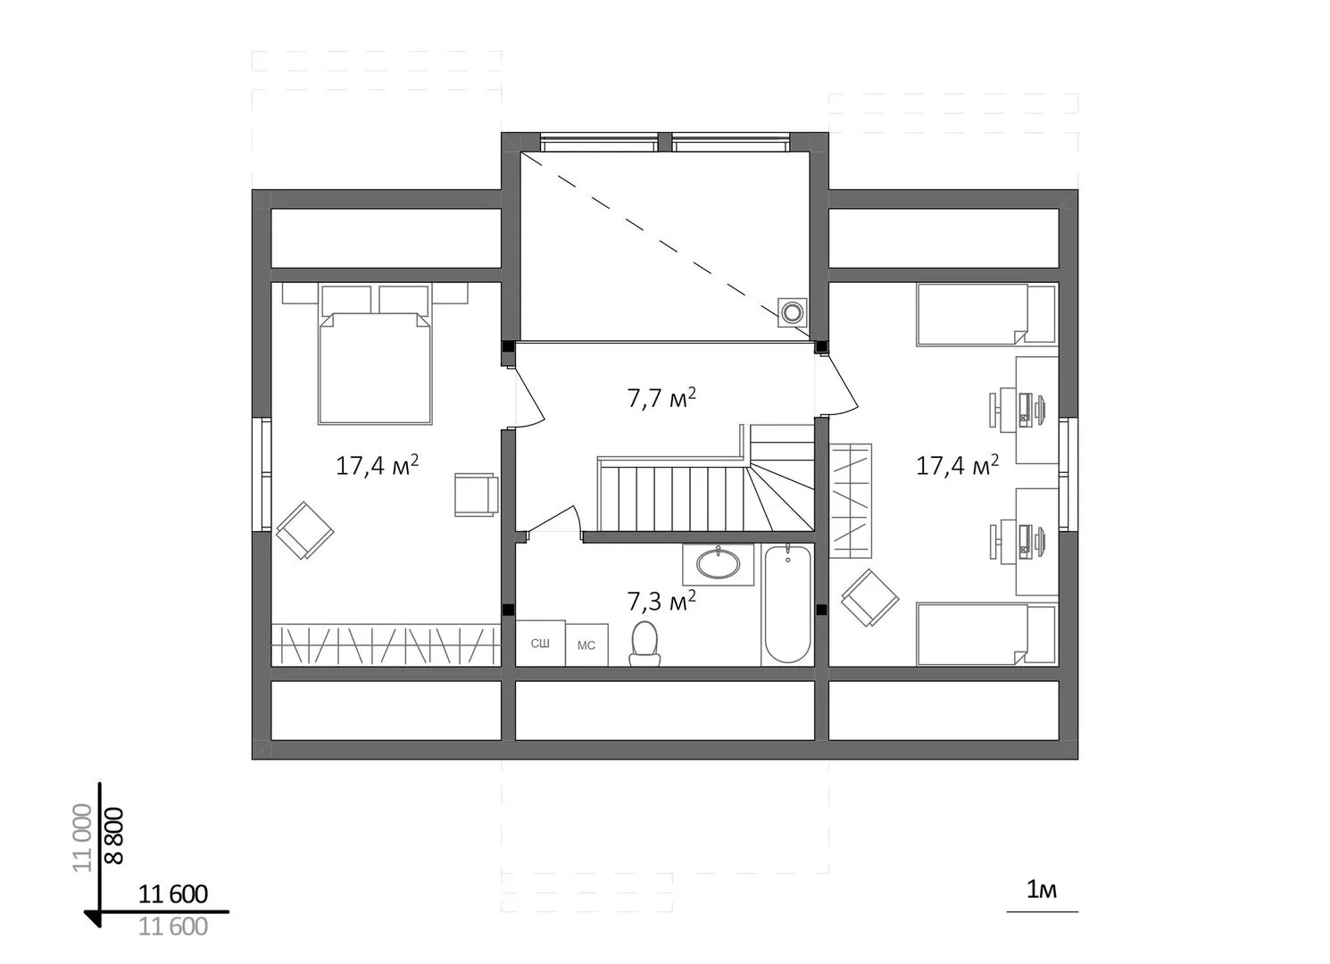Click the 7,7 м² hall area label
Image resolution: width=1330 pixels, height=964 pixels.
tap(661, 398)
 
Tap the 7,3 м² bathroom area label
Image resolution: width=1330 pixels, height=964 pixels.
tap(661, 602)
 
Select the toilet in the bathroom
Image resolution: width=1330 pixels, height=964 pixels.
tap(644, 644)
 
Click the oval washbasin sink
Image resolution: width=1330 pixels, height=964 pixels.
tap(718, 563)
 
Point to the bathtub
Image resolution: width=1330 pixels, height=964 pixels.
tap(787, 605)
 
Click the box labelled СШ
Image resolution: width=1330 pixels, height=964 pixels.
tap(540, 643)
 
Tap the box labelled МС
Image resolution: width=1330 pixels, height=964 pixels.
tap(586, 644)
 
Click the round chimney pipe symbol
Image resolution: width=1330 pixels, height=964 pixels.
tap(792, 312)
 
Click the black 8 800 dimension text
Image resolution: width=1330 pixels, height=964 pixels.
tap(114, 835)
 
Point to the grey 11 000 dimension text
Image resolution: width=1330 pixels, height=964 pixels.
tap(82, 837)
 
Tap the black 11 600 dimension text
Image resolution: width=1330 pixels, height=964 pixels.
tap(173, 894)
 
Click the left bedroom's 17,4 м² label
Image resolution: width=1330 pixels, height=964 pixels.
tap(377, 466)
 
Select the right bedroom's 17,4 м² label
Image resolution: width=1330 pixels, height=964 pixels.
tap(957, 466)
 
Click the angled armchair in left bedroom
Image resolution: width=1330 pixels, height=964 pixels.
tap(304, 530)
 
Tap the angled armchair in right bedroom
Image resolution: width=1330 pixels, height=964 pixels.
tap(869, 598)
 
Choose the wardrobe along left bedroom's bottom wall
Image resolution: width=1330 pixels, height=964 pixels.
tap(387, 644)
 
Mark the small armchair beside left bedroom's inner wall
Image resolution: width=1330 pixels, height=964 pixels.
tap(476, 494)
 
